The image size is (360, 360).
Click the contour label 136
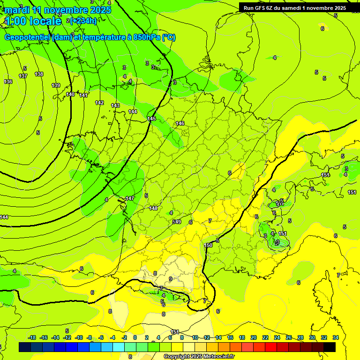coord(8,82)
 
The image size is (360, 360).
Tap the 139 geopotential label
coord(56,85)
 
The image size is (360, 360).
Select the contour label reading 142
coord(99,103)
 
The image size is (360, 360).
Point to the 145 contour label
coord(151,119)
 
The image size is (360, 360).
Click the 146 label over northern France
coord(180,123)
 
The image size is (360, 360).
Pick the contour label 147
coord(130,198)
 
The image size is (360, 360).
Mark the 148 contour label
coord(153,208)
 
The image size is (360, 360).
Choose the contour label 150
coord(209,245)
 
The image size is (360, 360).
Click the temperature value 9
coord(170,279)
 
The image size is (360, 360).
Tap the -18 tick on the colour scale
coord(32,337)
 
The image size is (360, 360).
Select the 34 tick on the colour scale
coord(336,337)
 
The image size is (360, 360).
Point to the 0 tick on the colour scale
coord(135,337)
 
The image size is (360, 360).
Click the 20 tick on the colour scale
coord(254,337)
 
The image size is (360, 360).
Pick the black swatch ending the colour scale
coord(330,347)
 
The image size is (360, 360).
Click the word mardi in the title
coord(15,10)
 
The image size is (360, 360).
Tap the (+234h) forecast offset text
coord(83,21)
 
